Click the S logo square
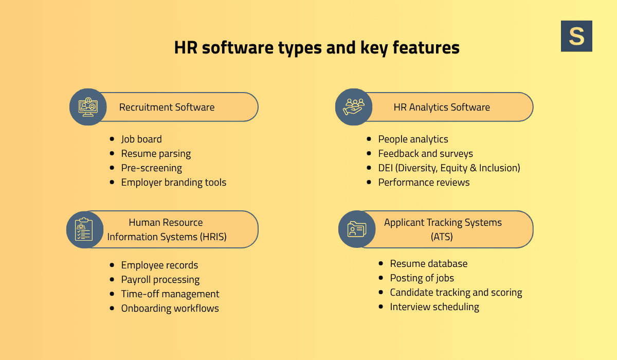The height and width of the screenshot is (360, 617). (x=576, y=36)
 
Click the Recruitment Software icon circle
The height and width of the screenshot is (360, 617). (x=88, y=107)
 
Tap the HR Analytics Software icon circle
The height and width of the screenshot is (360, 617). (x=354, y=107)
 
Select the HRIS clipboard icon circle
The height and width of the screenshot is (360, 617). (x=85, y=229)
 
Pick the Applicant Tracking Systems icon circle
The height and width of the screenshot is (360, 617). (x=357, y=229)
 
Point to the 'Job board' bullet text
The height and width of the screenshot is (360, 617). (x=141, y=139)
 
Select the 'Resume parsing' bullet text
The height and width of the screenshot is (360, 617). (x=156, y=154)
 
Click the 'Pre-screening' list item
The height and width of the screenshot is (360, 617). (x=151, y=168)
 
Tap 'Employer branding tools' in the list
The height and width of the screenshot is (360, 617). (x=173, y=183)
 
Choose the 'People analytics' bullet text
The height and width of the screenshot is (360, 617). (x=413, y=139)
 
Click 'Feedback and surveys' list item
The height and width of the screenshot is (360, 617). (x=425, y=154)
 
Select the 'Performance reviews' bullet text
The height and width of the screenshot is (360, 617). (x=424, y=183)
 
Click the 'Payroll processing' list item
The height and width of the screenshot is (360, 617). (x=160, y=280)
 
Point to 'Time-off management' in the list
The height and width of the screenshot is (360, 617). (x=170, y=294)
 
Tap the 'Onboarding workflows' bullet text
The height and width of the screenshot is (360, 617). (x=170, y=309)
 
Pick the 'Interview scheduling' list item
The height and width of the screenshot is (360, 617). (x=434, y=307)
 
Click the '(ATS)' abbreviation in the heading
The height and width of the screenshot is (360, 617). (x=442, y=237)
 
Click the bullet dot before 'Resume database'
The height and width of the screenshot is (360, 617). (x=380, y=263)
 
